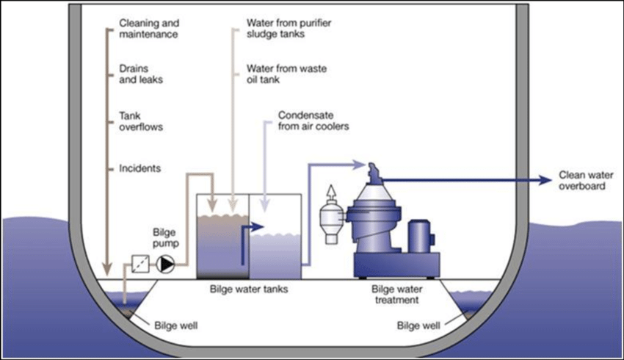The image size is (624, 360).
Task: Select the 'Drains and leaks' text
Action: point(141,73)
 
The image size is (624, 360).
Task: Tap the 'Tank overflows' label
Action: point(141,120)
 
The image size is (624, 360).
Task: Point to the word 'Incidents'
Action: point(139,168)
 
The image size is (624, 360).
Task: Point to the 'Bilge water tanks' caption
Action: point(250,289)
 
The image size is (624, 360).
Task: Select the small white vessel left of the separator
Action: point(331,218)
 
